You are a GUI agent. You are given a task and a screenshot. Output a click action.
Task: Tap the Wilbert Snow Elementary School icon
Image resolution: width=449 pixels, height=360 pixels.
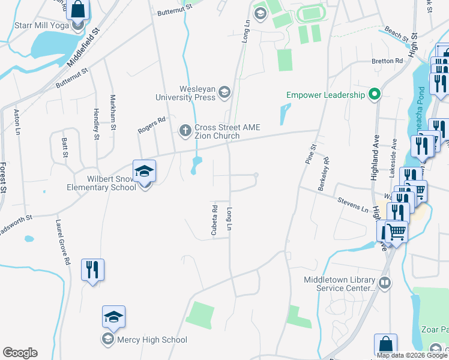144,170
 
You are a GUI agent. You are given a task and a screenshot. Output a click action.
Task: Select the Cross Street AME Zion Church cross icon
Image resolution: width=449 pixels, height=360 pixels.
185,130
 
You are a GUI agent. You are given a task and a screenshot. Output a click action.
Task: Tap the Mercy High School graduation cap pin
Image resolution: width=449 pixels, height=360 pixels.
113,317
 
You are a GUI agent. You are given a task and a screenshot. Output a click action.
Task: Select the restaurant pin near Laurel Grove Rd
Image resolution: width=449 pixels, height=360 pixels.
92,269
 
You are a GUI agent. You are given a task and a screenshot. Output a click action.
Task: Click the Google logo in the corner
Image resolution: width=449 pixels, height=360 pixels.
20,353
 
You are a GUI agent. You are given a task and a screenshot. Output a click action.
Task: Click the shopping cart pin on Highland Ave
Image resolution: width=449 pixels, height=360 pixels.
395,231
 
